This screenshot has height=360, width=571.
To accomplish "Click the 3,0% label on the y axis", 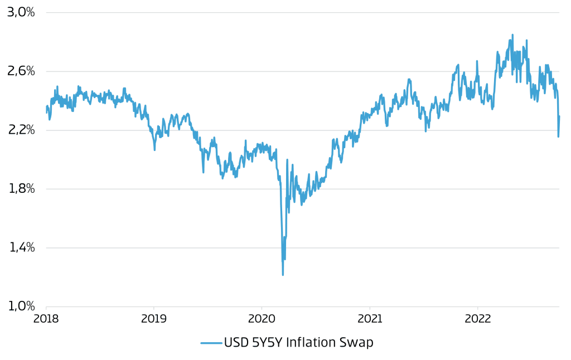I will point(21,12).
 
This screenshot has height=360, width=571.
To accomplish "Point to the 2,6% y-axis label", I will point(21,71).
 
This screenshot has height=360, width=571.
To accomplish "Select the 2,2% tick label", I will point(21,130).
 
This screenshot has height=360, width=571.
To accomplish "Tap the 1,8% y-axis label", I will point(21,189).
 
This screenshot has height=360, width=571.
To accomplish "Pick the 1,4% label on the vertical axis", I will point(21,247).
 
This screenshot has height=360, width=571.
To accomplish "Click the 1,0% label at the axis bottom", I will point(21,306).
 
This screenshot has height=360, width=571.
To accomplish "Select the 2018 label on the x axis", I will point(46,319).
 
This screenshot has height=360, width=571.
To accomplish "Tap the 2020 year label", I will point(262,319).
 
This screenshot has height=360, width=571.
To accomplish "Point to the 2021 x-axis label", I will point(369,319).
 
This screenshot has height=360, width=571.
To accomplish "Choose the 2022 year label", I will point(477,319).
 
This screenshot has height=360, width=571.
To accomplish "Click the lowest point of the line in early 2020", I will point(283,275).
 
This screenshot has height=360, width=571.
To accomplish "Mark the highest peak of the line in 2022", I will point(512,35).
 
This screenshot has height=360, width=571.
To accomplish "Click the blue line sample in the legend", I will point(211,343).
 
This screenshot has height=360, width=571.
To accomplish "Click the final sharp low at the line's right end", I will point(558,137).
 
